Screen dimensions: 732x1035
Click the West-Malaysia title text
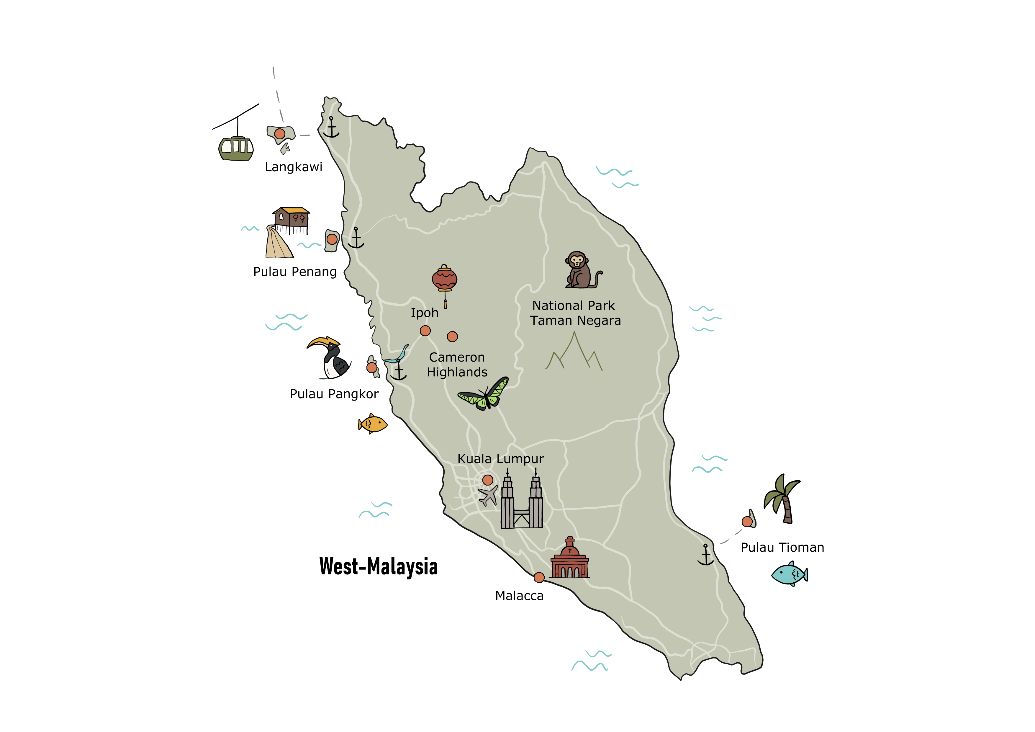(378, 566)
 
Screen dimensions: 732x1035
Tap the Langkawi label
(294, 167)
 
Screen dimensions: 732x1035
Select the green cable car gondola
(236, 148)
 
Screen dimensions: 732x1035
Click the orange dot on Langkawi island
(279, 134)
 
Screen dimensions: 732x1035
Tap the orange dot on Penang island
(332, 239)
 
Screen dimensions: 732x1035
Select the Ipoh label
(424, 313)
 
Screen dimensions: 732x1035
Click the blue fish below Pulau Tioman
(789, 574)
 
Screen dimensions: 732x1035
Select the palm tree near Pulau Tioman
(783, 498)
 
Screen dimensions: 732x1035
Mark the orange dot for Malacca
(539, 577)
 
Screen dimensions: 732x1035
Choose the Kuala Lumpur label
(500, 459)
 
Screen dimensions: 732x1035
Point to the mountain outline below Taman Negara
(574, 354)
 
